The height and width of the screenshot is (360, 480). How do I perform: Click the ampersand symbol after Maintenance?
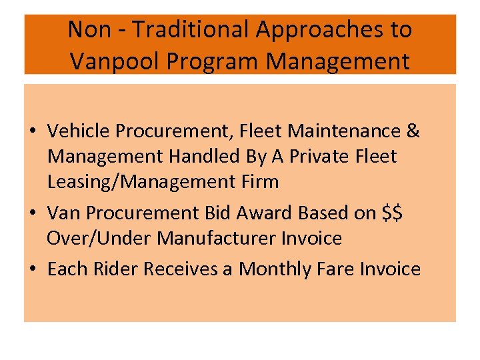(413, 131)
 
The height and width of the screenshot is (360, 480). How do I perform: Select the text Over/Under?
(93, 238)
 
